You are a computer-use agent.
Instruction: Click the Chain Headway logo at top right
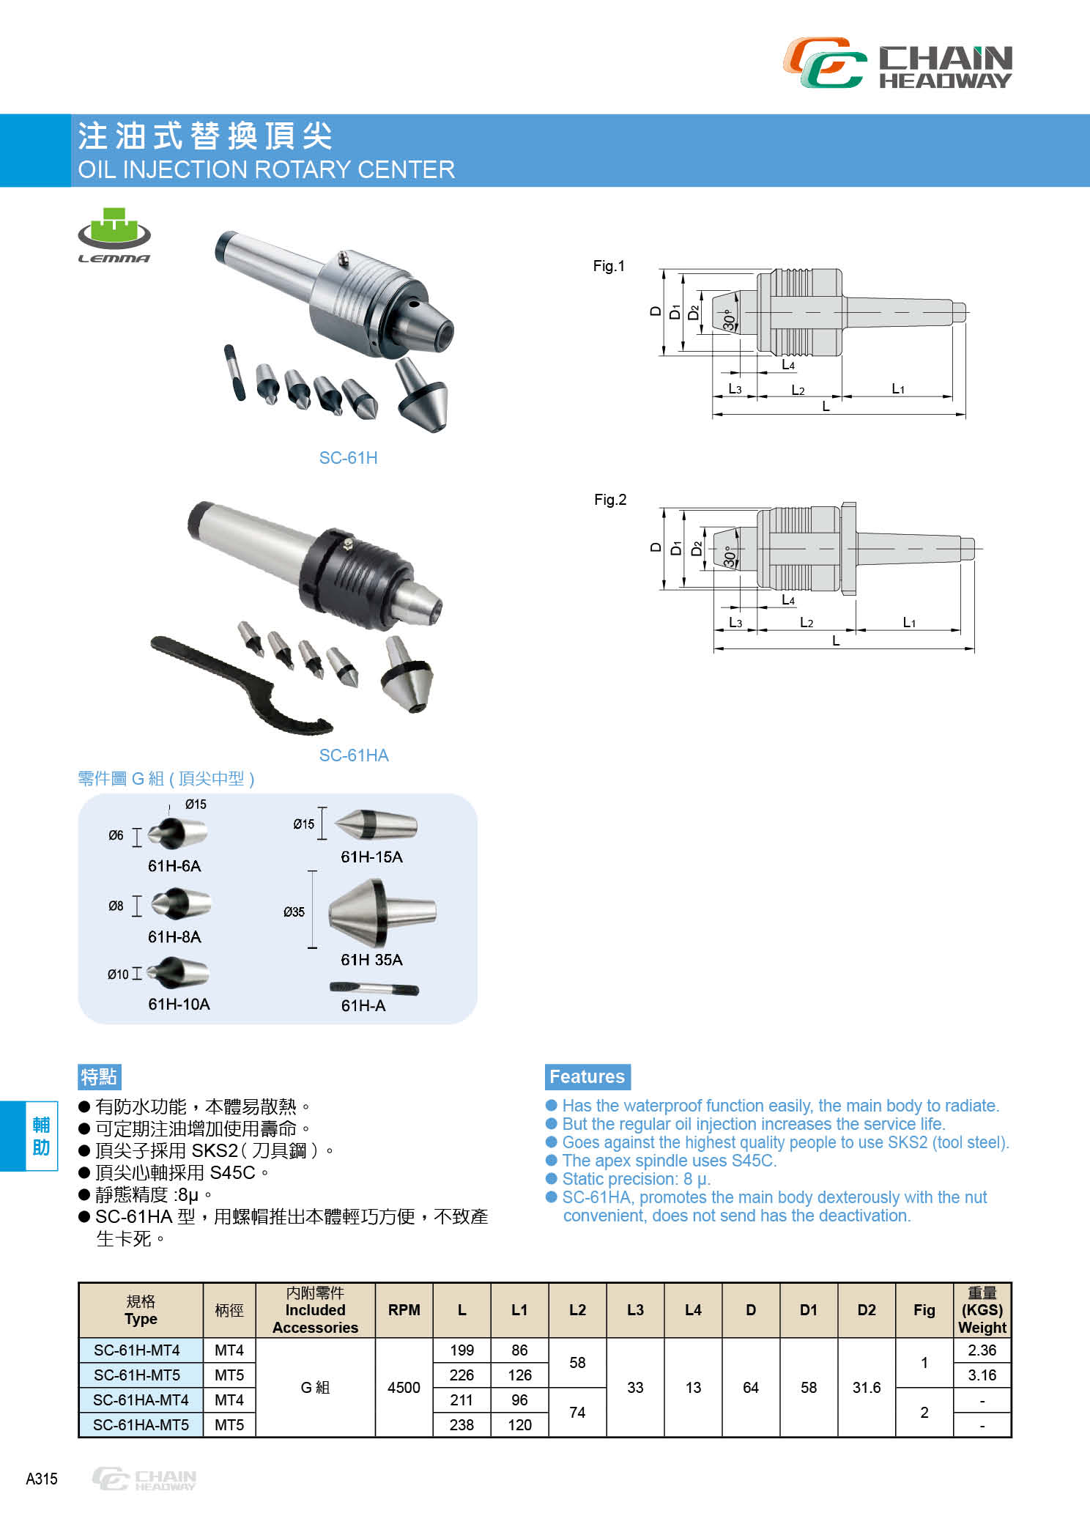pyautogui.click(x=897, y=63)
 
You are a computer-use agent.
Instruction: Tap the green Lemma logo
pyautogui.click(x=114, y=235)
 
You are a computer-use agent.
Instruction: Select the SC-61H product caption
pyautogui.click(x=348, y=458)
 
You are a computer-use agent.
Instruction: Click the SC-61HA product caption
pyautogui.click(x=354, y=755)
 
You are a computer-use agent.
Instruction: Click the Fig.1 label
pyautogui.click(x=609, y=266)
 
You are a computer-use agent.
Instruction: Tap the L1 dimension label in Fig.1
pyautogui.click(x=898, y=388)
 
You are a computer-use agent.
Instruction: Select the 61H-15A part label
pyautogui.click(x=371, y=857)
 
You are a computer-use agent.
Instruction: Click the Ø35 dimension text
pyautogui.click(x=294, y=912)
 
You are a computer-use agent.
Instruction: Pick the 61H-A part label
pyautogui.click(x=363, y=1005)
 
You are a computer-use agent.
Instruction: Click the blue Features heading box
pyautogui.click(x=587, y=1076)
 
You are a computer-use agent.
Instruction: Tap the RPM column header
pyautogui.click(x=404, y=1310)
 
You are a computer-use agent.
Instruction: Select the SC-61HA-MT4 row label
pyautogui.click(x=141, y=1400)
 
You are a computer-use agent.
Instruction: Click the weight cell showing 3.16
pyautogui.click(x=982, y=1375)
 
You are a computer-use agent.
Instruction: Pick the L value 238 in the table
pyautogui.click(x=461, y=1425)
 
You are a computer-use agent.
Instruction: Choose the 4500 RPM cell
pyautogui.click(x=404, y=1388)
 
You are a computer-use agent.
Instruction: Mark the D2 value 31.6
pyautogui.click(x=867, y=1388)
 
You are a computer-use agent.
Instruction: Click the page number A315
pyautogui.click(x=42, y=1479)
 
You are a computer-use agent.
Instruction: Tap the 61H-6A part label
pyautogui.click(x=174, y=866)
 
